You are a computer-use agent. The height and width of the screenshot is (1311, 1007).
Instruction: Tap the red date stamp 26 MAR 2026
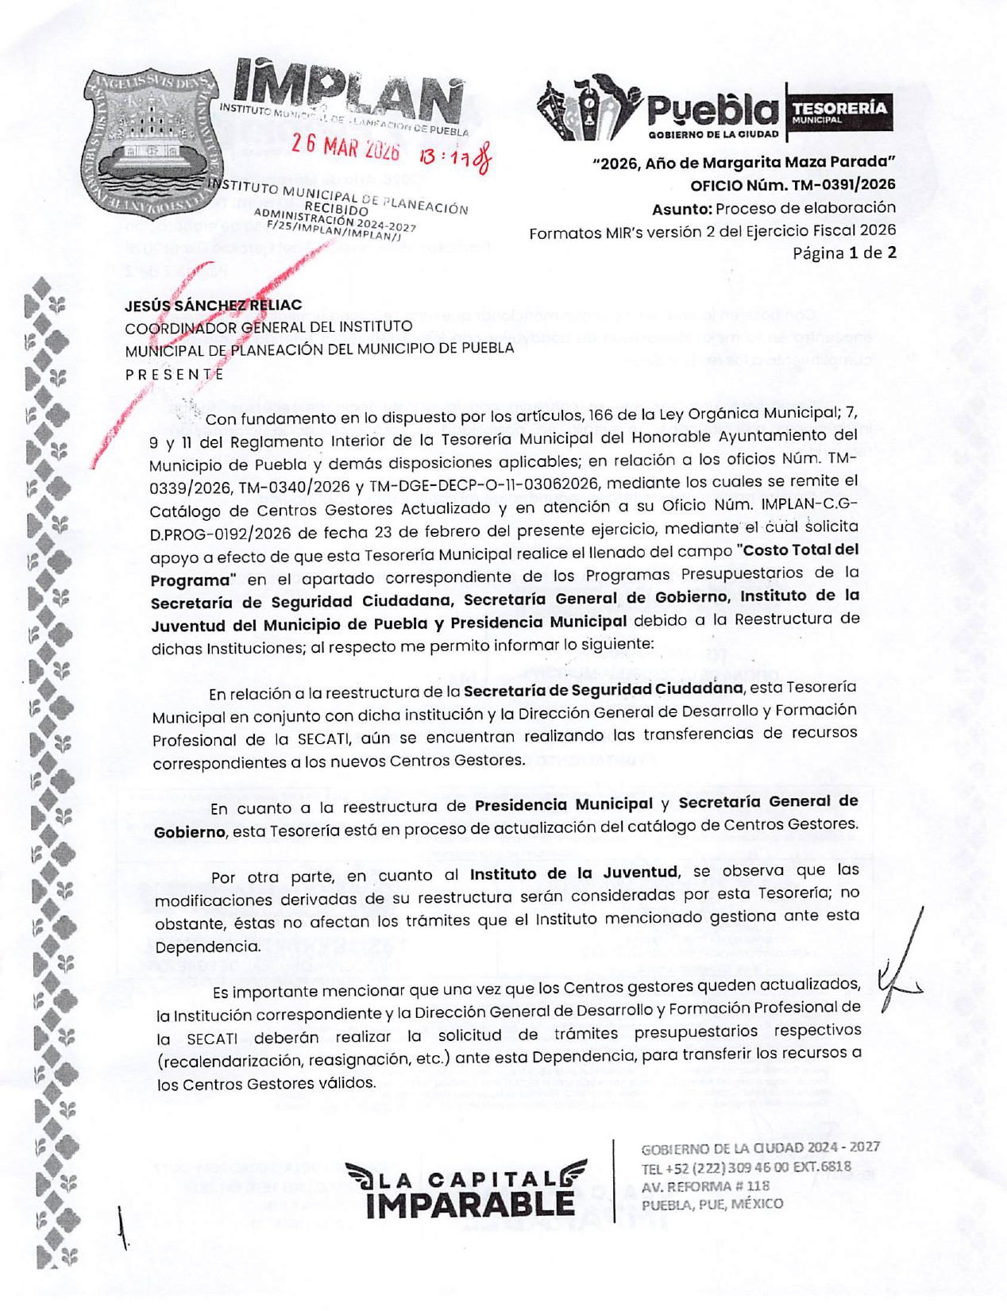tap(345, 148)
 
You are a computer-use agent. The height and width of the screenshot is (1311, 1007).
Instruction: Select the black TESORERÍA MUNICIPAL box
tap(839, 111)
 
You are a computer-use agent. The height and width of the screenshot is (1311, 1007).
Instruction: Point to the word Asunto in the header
tap(681, 209)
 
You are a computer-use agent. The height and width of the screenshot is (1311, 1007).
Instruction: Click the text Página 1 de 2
tap(844, 253)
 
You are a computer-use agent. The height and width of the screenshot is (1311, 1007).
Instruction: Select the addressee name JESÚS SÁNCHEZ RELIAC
tap(213, 305)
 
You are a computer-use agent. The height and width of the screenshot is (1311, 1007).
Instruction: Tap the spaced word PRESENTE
tap(175, 374)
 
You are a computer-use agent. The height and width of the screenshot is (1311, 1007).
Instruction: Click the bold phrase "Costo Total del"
tap(798, 549)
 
